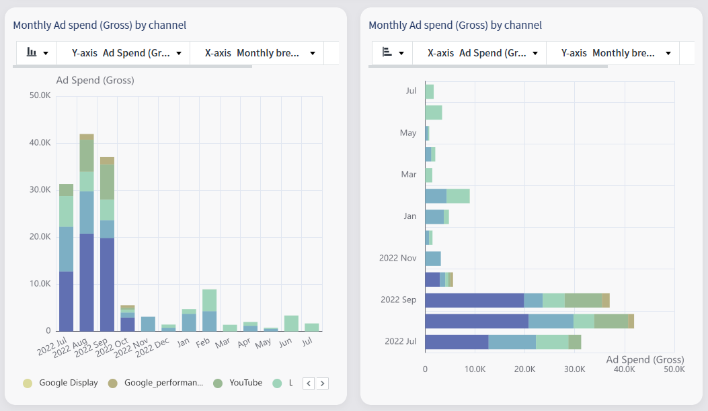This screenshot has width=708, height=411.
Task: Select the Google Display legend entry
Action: click(x=68, y=383)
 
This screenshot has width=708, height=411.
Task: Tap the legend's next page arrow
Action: click(x=323, y=383)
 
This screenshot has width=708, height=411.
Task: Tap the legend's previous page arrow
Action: click(x=309, y=383)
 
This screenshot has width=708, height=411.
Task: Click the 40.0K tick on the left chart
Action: click(x=40, y=143)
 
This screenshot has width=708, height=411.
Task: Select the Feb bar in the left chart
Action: click(x=209, y=310)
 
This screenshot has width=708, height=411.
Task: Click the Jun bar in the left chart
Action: click(x=291, y=323)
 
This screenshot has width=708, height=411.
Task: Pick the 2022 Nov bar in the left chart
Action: click(x=148, y=324)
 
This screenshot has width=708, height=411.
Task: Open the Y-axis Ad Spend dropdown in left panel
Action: click(x=127, y=53)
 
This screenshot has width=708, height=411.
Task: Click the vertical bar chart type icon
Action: click(x=37, y=53)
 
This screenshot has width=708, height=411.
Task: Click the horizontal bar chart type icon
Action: click(x=393, y=53)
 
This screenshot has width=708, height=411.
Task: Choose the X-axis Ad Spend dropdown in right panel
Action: click(x=483, y=53)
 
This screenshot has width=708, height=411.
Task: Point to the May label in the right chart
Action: click(x=408, y=133)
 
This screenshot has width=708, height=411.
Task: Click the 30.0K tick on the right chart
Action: click(x=575, y=369)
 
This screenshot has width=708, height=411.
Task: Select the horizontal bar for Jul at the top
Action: click(x=429, y=91)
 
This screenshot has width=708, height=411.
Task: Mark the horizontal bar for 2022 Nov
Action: click(x=433, y=258)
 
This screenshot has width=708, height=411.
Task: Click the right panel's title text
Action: click(x=455, y=26)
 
